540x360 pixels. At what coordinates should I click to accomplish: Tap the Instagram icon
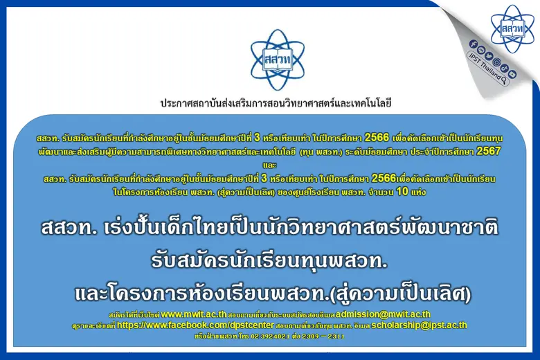pyautogui.click(x=496, y=62)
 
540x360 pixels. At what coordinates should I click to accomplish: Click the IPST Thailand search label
pyautogui.click(x=485, y=66)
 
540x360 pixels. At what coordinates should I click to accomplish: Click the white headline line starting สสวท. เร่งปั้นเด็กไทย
pyautogui.click(x=269, y=227)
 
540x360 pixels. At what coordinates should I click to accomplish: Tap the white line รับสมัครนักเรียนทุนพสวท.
pyautogui.click(x=269, y=261)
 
